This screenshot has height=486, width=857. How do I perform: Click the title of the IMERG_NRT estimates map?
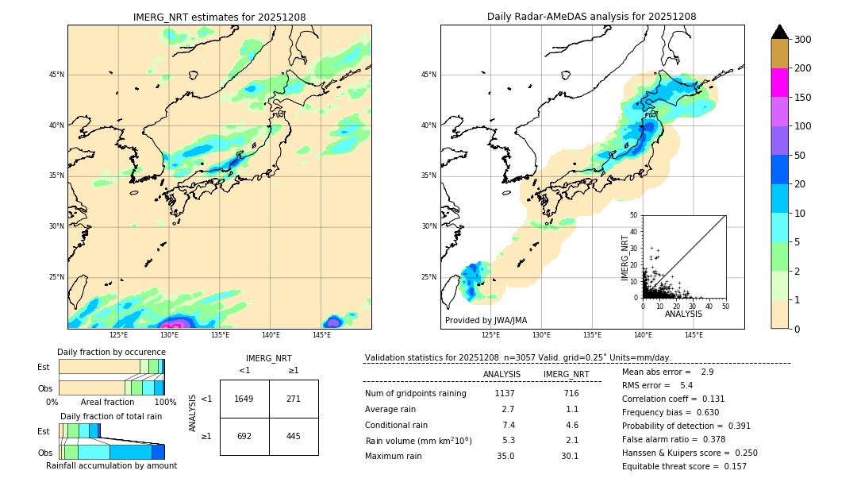click(x=219, y=17)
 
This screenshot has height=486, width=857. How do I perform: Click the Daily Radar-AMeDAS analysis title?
click(x=591, y=17)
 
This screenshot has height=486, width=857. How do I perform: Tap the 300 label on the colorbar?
click(x=802, y=40)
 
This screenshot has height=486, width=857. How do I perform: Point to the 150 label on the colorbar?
click(x=802, y=98)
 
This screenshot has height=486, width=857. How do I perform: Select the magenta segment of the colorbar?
click(x=779, y=83)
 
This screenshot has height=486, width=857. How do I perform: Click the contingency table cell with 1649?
click(x=244, y=399)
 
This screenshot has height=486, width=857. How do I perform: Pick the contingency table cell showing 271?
click(x=294, y=399)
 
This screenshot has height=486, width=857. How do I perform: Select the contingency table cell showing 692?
click(x=244, y=436)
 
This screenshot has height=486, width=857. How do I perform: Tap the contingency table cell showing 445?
click(x=294, y=436)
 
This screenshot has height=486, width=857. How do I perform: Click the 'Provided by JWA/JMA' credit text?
click(x=486, y=321)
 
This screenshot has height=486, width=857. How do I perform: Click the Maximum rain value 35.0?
click(x=505, y=456)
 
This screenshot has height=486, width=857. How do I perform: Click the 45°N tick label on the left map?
click(x=56, y=75)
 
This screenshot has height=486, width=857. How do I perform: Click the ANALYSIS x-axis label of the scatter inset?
click(x=683, y=314)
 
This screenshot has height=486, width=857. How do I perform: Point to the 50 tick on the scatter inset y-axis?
click(x=634, y=215)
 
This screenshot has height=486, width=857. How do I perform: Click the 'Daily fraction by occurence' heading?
click(x=111, y=352)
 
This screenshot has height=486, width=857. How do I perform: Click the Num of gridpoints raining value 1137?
click(x=505, y=393)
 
